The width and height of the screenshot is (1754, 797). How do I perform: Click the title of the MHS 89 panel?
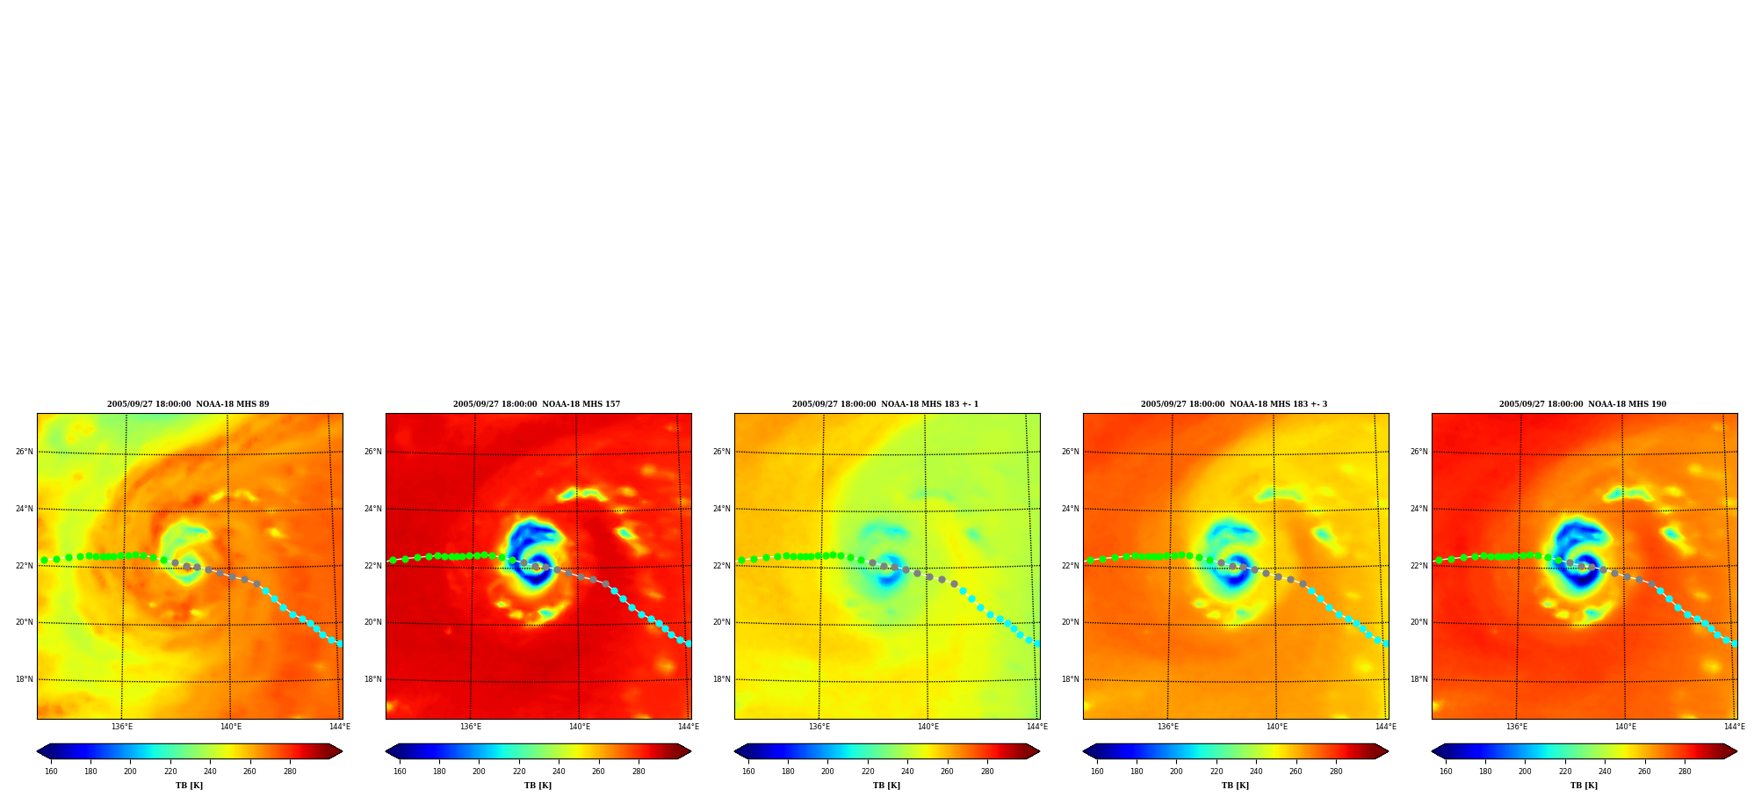(x=188, y=404)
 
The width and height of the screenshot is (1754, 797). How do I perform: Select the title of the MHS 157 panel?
(x=537, y=404)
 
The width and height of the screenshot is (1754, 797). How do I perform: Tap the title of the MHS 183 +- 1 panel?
(x=885, y=404)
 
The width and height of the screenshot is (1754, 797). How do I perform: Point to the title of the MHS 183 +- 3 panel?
(x=1234, y=404)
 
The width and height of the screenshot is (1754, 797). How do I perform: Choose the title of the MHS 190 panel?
(x=1583, y=404)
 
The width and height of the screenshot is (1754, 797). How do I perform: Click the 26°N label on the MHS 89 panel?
(x=24, y=452)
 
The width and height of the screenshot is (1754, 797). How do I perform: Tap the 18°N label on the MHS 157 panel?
(x=372, y=679)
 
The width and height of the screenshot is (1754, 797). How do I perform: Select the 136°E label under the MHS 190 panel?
(x=1517, y=727)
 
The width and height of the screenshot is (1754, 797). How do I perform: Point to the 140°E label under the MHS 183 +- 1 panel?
(x=928, y=727)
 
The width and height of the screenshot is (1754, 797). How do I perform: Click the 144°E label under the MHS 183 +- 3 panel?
(x=1385, y=727)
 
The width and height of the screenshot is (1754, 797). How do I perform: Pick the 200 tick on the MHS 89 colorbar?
(x=130, y=772)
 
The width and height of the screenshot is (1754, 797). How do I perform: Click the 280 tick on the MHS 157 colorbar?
(x=639, y=772)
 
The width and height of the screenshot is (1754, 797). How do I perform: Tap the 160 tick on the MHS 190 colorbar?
(x=1446, y=772)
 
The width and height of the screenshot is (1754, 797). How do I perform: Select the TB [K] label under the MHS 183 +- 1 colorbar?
(x=886, y=786)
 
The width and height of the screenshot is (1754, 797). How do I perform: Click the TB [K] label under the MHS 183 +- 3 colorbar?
(x=1235, y=786)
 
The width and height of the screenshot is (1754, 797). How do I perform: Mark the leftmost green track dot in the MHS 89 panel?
(x=44, y=560)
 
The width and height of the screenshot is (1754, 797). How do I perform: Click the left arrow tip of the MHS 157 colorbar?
(x=386, y=751)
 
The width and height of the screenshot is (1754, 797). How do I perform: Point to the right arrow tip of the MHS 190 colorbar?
(x=1737, y=751)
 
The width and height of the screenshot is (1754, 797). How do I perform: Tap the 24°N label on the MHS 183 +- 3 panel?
(x=1070, y=509)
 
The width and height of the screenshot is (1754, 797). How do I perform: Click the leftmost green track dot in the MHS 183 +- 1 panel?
(x=741, y=560)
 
